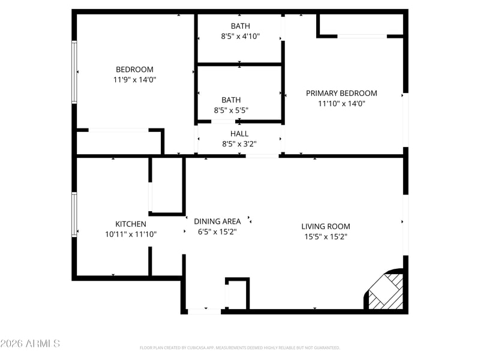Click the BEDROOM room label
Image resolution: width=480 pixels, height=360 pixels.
click(x=134, y=70)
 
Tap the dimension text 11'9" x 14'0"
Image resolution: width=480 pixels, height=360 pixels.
click(x=134, y=80)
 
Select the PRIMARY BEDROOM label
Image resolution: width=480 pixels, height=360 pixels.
click(x=341, y=94)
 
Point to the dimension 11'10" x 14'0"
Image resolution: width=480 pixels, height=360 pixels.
click(x=341, y=103)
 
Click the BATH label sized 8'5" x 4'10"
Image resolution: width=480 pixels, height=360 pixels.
click(x=241, y=26)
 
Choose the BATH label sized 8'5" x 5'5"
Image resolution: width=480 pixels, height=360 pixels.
click(x=231, y=100)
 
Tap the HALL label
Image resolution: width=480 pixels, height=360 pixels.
click(x=239, y=134)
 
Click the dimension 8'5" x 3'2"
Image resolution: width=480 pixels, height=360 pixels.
click(x=239, y=144)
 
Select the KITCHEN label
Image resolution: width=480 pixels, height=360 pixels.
click(x=131, y=224)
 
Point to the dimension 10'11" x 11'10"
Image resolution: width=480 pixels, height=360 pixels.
click(x=131, y=235)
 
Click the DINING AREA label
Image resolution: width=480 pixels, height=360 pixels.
click(x=217, y=221)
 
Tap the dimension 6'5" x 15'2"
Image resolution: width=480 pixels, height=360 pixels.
click(x=217, y=232)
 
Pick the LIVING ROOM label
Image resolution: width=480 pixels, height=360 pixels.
click(x=326, y=227)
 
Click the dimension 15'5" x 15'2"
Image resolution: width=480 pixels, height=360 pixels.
click(x=326, y=236)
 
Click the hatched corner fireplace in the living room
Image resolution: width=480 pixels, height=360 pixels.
click(x=386, y=291)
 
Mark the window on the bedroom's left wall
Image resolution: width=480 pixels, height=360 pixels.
click(x=74, y=72)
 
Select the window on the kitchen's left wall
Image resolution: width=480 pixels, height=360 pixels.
click(x=74, y=214)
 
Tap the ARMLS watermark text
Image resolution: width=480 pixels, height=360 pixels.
click(x=30, y=343)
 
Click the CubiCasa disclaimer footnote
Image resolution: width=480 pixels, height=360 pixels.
click(x=239, y=348)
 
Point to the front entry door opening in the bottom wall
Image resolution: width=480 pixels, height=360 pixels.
click(x=204, y=311)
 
